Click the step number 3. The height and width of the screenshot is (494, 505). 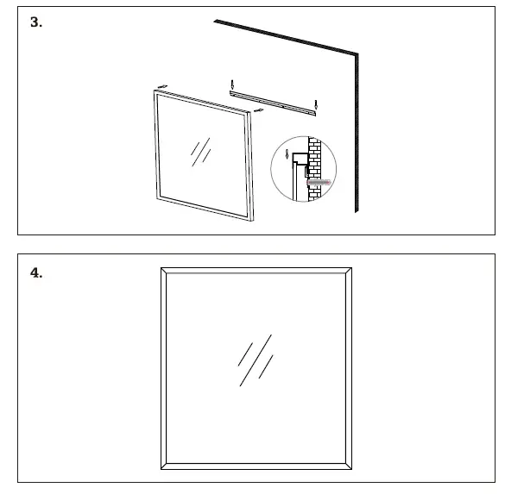pyautogui.click(x=36, y=23)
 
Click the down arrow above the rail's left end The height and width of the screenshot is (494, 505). pyautogui.click(x=231, y=84)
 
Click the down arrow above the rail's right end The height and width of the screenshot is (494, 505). pyautogui.click(x=317, y=106)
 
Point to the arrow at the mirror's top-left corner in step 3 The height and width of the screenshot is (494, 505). pyautogui.click(x=161, y=87)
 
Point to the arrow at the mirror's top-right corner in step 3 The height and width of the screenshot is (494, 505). pyautogui.click(x=257, y=111)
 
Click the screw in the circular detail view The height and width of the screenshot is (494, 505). pyautogui.click(x=318, y=183)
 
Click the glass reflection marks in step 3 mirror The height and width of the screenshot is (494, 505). pyautogui.click(x=200, y=151)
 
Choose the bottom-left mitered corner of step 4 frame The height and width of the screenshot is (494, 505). pyautogui.click(x=167, y=464)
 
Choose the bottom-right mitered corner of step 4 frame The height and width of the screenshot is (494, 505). pyautogui.click(x=346, y=464)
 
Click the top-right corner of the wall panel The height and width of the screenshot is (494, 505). pyautogui.click(x=357, y=54)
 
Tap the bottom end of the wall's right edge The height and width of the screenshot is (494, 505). pyautogui.click(x=356, y=211)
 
